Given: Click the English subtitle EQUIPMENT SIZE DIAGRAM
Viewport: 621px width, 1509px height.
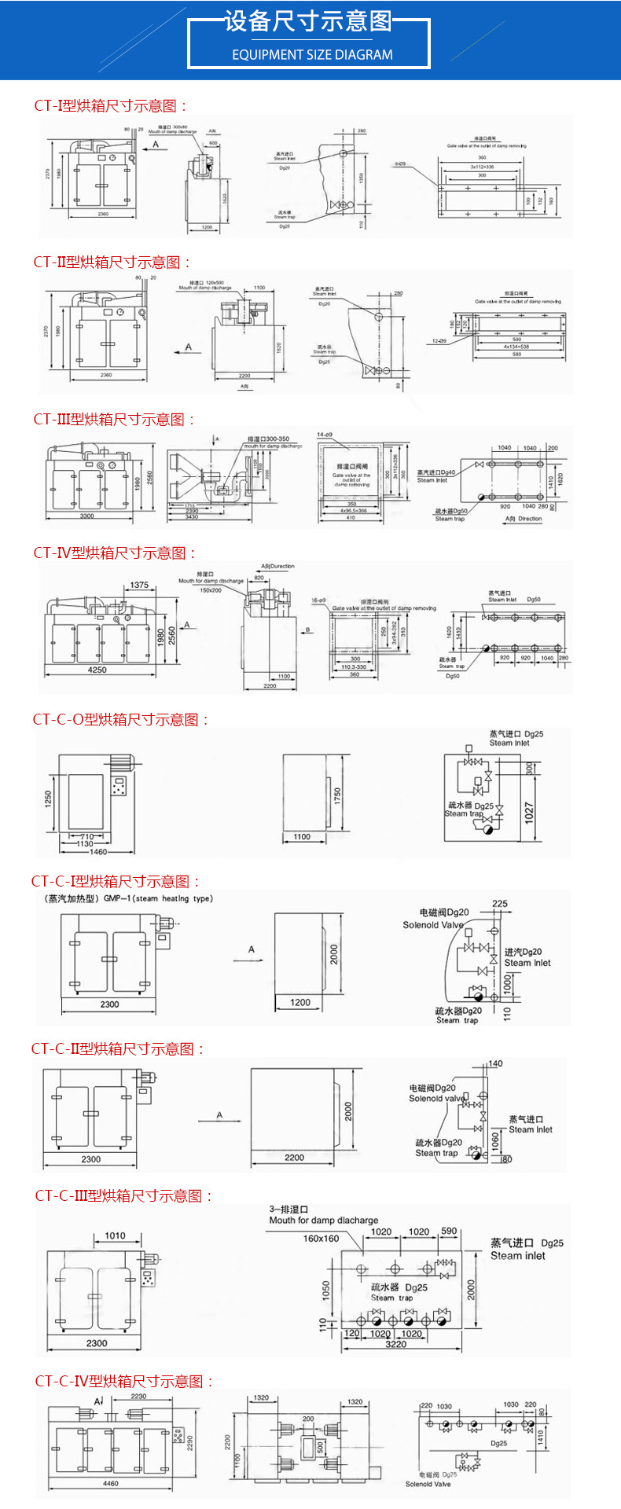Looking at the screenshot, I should coord(312,55).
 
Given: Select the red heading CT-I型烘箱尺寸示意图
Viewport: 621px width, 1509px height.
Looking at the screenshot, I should coord(111,106).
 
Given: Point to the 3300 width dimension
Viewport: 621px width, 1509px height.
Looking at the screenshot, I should coord(86,516).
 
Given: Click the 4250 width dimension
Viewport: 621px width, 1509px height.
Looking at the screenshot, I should coord(97,670).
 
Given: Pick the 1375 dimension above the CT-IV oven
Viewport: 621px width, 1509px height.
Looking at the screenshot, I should coord(139,585).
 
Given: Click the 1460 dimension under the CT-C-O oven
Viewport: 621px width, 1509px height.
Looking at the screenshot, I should coord(98,852).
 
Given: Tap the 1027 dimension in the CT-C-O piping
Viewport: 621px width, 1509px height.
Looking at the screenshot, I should coord(529,813).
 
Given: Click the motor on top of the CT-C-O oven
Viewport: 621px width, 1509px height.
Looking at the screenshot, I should coord(123,762).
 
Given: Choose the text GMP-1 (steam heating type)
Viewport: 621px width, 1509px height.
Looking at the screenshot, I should coord(157,898).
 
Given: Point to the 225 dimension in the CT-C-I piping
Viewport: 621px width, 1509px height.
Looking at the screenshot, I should coord(499,904).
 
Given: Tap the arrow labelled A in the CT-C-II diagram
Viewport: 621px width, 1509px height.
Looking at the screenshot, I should coord(219,1116).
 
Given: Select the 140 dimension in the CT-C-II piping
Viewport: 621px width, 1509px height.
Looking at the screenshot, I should coord(495,1063).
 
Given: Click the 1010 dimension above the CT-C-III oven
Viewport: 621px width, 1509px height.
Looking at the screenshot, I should coord(115,1235).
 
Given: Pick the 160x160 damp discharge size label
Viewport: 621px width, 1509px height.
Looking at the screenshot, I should coord(321,1239).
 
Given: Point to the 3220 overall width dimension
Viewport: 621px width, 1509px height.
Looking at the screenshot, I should coord(395,1344).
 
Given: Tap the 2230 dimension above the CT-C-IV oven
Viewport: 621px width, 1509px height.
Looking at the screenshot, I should coord(138,1397).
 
